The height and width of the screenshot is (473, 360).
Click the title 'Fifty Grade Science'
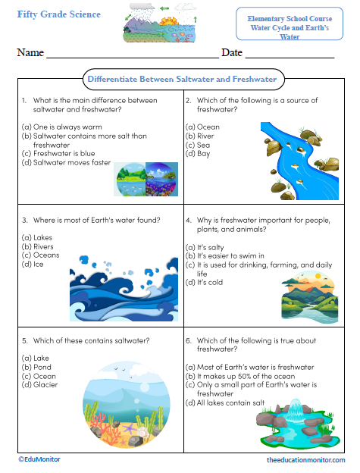[53, 14]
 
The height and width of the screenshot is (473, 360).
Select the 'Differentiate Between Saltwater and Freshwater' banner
[181, 79]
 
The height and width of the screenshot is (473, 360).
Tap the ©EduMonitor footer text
[39, 459]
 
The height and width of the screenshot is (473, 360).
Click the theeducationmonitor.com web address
[305, 460]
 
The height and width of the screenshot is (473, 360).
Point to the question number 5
[24, 340]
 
